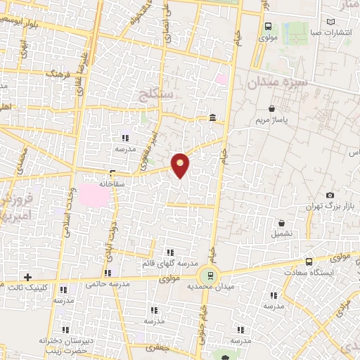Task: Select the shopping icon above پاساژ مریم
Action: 272,109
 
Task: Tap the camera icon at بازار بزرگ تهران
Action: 330,195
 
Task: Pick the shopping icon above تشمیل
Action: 281,222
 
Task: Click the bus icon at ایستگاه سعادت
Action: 309,262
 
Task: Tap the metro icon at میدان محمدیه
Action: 208,275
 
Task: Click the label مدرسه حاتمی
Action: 107,284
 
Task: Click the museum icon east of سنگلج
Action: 212,117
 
